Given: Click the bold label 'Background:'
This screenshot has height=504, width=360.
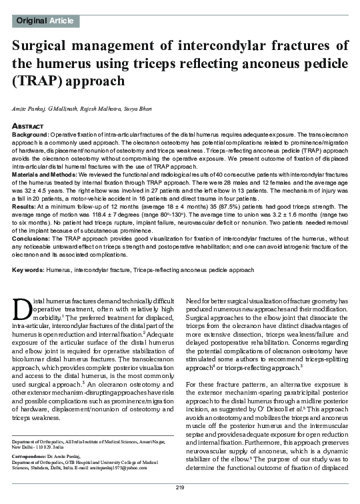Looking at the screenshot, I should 32,134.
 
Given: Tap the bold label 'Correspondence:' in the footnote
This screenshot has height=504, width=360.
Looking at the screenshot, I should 35,453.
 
